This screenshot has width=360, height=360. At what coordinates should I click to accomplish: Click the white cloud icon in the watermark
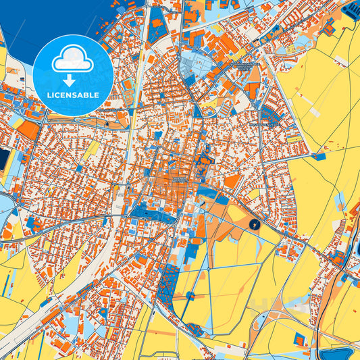[x=73, y=59]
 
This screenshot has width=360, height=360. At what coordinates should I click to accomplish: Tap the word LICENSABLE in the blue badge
[x=73, y=94]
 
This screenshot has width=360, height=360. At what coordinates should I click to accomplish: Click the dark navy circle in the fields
[x=253, y=224]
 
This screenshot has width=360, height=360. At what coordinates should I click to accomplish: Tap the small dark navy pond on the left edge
[x=4, y=159]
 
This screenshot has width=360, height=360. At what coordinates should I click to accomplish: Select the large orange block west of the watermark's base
[x=28, y=130]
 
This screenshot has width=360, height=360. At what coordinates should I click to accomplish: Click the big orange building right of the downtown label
[x=231, y=181]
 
